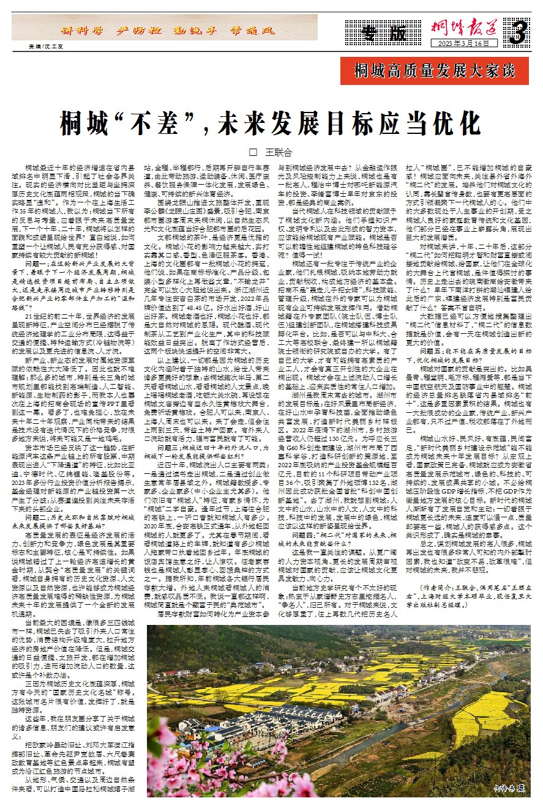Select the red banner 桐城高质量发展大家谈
coord(435,71)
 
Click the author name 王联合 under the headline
coord(279,152)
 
